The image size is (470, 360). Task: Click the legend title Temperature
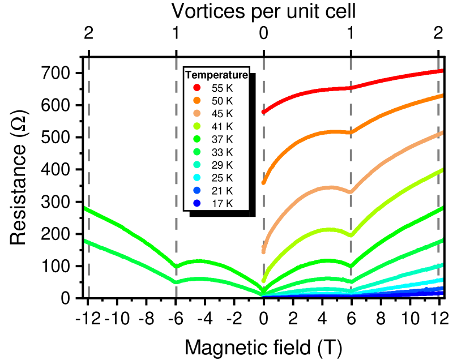[216, 75]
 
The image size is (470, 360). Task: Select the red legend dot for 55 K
[197, 88]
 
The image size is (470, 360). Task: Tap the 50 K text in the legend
[222, 101]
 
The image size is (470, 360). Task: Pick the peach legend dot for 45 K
[197, 113]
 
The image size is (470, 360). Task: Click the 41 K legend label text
[222, 126]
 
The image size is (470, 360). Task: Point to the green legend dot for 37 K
[197, 139]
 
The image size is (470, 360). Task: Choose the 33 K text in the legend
[222, 152]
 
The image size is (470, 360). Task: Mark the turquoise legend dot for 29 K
[197, 165]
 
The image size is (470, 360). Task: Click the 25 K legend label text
[222, 178]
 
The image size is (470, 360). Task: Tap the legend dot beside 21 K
[197, 190]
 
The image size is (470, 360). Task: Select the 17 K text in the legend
[222, 203]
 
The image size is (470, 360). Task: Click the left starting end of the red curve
[264, 112]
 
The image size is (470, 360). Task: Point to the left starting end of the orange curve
[264, 182]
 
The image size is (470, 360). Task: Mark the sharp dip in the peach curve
[351, 192]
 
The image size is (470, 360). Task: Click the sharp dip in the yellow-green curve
[351, 235]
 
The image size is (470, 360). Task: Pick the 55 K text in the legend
[222, 88]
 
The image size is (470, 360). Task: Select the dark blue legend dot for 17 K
[197, 203]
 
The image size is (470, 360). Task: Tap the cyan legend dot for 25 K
[197, 178]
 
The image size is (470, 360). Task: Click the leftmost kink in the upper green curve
[177, 266]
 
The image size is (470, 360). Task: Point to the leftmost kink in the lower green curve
[177, 281]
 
